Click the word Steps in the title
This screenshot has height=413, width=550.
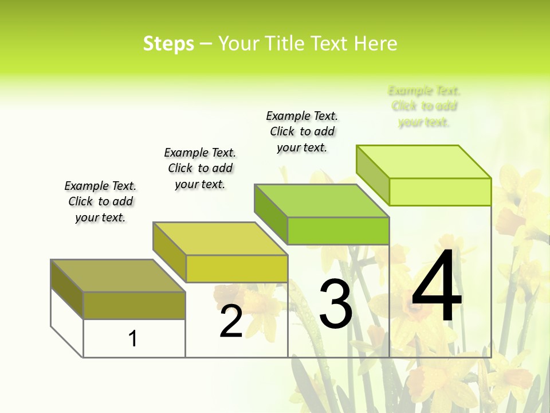point(168,44)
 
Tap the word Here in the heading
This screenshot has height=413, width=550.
point(376,44)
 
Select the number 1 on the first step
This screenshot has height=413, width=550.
point(133,339)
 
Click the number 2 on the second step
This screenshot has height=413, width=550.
point(231,322)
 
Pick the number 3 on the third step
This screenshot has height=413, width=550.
point(336,304)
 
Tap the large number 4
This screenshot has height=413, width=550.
point(437,287)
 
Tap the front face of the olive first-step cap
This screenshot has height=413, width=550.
point(134,306)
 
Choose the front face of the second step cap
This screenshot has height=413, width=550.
point(237,268)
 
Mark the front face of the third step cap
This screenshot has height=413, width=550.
point(338,231)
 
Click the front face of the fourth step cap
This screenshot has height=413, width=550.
point(440,192)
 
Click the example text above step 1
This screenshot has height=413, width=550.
point(100,201)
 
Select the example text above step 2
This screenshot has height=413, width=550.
point(200,168)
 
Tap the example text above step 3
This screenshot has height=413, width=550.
point(302,131)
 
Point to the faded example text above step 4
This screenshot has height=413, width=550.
point(424,106)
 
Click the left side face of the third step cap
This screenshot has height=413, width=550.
point(271,214)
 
